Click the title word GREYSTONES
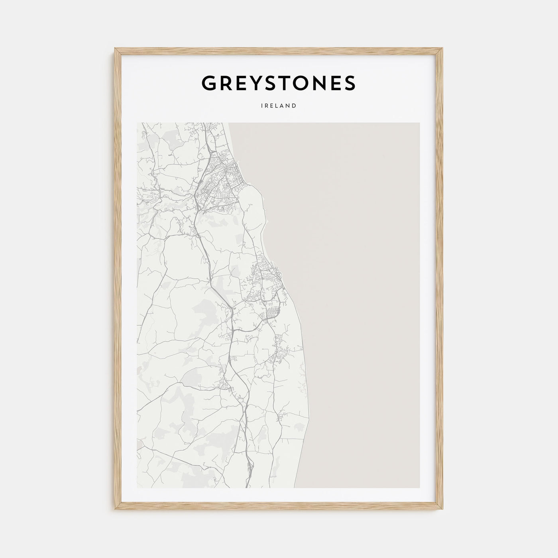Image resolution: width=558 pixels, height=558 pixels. point(279,83)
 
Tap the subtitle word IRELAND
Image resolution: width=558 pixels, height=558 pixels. point(279,106)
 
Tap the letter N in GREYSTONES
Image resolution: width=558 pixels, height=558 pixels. point(323,83)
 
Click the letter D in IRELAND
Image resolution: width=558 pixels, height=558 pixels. point(294,106)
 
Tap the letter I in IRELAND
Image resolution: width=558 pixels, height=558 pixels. point(262,106)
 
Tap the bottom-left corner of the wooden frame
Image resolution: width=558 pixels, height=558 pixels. point(115,511)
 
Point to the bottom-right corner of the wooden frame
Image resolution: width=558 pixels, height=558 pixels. point(442,511)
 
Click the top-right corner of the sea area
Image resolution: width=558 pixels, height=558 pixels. point(419,123)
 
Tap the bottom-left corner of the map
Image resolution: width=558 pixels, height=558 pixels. point(137,487)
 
